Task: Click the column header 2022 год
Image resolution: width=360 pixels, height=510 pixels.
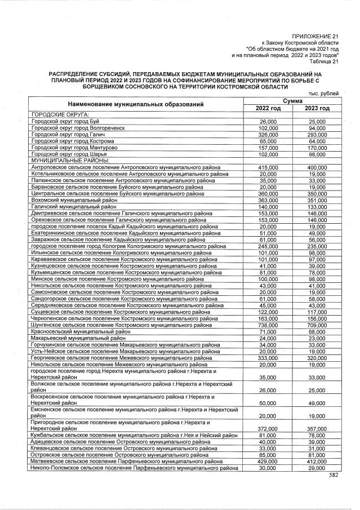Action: [268, 108]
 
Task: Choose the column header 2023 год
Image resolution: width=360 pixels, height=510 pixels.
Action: [317, 108]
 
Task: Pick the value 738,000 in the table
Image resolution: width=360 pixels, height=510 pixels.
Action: [268, 325]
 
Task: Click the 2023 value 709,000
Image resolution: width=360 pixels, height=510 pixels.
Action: [317, 325]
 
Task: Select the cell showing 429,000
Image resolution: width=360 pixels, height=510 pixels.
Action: [268, 462]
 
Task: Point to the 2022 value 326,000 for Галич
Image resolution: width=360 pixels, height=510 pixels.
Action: [268, 135]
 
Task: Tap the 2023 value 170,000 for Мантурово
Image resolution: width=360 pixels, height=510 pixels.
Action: [317, 148]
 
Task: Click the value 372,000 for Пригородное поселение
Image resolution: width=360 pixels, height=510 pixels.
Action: [268, 428]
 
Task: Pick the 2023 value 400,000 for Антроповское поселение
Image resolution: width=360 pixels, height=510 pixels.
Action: [317, 168]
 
